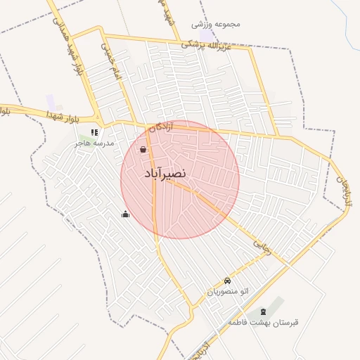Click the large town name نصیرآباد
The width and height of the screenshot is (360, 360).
pyautogui.click(x=165, y=173)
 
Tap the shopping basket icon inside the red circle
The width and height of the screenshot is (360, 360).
pyautogui.click(x=143, y=150)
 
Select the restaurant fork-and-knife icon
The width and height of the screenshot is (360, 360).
pyautogui.click(x=94, y=131)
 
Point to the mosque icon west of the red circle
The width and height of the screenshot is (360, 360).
pyautogui.click(x=126, y=214)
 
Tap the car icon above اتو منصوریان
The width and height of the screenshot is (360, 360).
pyautogui.click(x=226, y=281)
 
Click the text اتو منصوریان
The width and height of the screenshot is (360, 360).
pyautogui.click(x=228, y=291)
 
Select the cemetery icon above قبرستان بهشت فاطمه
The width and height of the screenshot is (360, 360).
pyautogui.click(x=264, y=311)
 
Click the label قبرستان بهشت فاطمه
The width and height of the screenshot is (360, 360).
pyautogui.click(x=263, y=322)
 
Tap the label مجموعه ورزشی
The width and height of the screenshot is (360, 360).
pyautogui.click(x=216, y=24)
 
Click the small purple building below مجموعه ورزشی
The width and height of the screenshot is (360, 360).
pyautogui.click(x=206, y=35)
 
